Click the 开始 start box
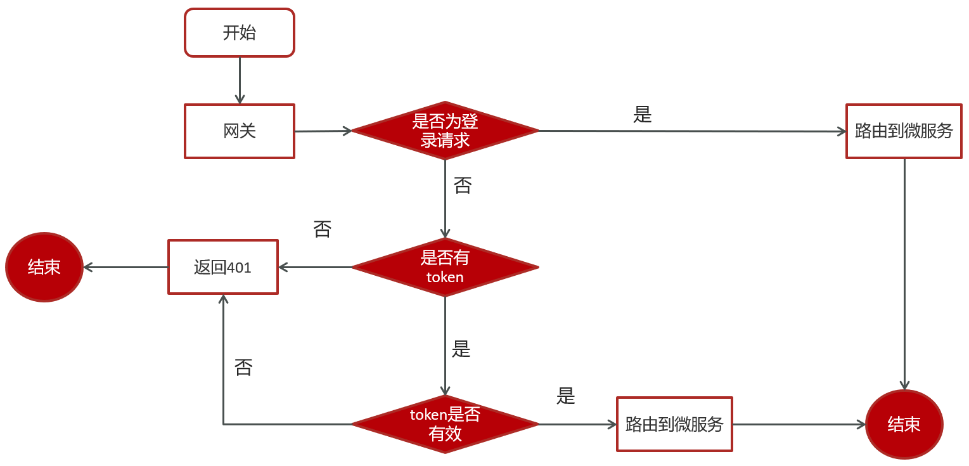[x=240, y=33]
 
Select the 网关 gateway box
[x=240, y=131]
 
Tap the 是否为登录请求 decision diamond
[x=445, y=131]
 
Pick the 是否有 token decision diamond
[x=445, y=267]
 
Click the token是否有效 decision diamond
[x=445, y=424]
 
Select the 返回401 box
[x=222, y=267]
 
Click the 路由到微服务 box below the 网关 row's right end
[x=904, y=131]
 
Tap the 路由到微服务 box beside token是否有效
[x=674, y=424]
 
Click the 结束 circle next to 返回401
[x=44, y=267]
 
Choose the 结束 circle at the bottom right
[x=904, y=424]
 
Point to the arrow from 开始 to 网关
[x=240, y=81]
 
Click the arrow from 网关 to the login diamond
[x=323, y=131]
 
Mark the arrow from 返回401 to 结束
[x=125, y=267]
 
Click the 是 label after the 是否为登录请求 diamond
[x=642, y=114]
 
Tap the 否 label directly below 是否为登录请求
[x=463, y=186]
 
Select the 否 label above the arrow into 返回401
[x=322, y=230]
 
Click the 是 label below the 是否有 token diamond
[x=461, y=349]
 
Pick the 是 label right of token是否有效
[x=565, y=396]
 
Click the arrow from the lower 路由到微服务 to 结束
[x=799, y=424]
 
